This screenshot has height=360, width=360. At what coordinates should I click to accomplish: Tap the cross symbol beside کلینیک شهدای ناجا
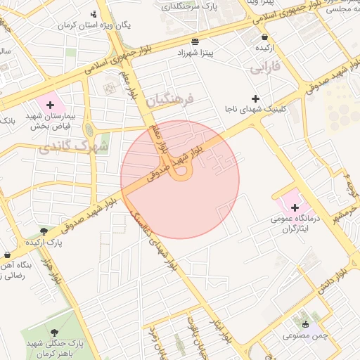pos(255,98)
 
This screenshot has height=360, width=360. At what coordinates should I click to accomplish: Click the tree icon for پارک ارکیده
pos(44,231)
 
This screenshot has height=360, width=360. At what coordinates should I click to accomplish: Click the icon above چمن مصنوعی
pos(305,324)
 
